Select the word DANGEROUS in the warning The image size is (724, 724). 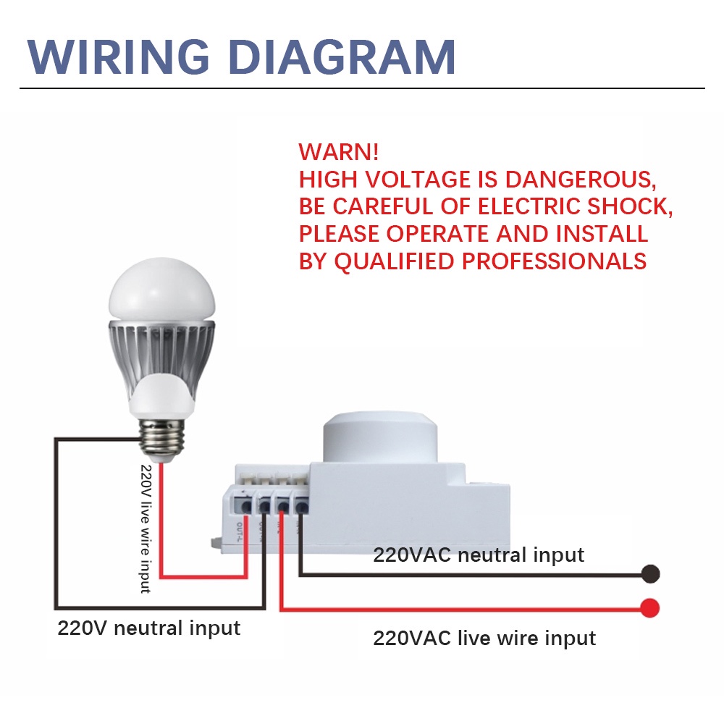pyautogui.click(x=580, y=179)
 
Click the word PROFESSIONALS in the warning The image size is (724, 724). pyautogui.click(x=554, y=261)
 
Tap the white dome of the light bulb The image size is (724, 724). pyautogui.click(x=161, y=293)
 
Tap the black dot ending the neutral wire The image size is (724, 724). pyautogui.click(x=651, y=574)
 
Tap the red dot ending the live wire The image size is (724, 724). pyautogui.click(x=651, y=607)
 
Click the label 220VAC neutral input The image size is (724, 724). pyautogui.click(x=479, y=555)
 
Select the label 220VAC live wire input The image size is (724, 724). pyautogui.click(x=484, y=638)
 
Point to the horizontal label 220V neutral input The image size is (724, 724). pyautogui.click(x=148, y=627)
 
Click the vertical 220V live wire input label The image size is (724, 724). pyautogui.click(x=146, y=529)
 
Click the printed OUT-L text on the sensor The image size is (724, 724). pyautogui.click(x=240, y=532)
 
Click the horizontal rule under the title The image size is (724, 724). pyautogui.click(x=362, y=88)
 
